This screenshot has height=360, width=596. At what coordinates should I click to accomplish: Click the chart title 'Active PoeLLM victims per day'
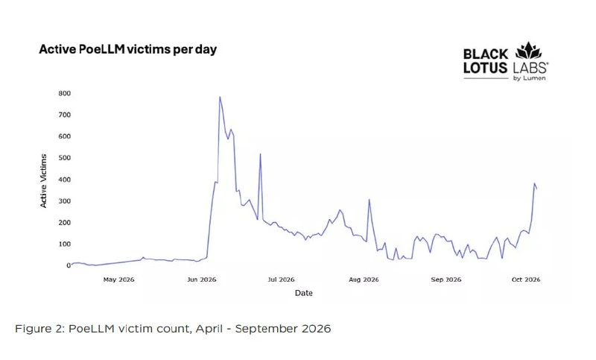point(127,50)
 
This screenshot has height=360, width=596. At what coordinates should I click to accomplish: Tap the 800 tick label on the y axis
point(65,93)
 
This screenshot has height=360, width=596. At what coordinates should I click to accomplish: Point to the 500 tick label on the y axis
point(65,158)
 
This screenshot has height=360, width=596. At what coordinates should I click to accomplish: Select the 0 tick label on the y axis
point(69,265)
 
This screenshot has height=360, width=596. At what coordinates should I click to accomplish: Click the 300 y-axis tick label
point(65,201)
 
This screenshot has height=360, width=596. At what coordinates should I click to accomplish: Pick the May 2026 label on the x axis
point(118,280)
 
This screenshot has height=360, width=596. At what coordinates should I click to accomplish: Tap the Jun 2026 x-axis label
point(201,280)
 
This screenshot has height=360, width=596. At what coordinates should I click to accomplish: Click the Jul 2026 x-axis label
point(282,280)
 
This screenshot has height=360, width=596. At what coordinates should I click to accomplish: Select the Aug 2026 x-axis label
point(364,280)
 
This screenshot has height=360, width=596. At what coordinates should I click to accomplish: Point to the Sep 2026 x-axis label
point(446,280)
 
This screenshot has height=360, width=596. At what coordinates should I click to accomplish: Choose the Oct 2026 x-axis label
point(526,280)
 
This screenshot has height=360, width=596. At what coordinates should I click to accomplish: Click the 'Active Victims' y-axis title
point(43,181)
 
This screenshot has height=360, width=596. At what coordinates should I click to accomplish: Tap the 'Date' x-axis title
point(304,293)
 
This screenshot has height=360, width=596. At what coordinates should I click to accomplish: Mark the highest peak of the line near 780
point(220,97)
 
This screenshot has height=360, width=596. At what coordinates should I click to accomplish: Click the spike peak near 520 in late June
point(260,154)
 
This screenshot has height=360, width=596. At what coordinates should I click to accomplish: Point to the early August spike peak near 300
point(369,200)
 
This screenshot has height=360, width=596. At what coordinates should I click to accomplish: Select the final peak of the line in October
point(534,183)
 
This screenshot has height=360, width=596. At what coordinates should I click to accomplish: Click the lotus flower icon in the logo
point(528,51)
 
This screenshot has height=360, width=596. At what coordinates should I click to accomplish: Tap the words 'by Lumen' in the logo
point(530,78)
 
